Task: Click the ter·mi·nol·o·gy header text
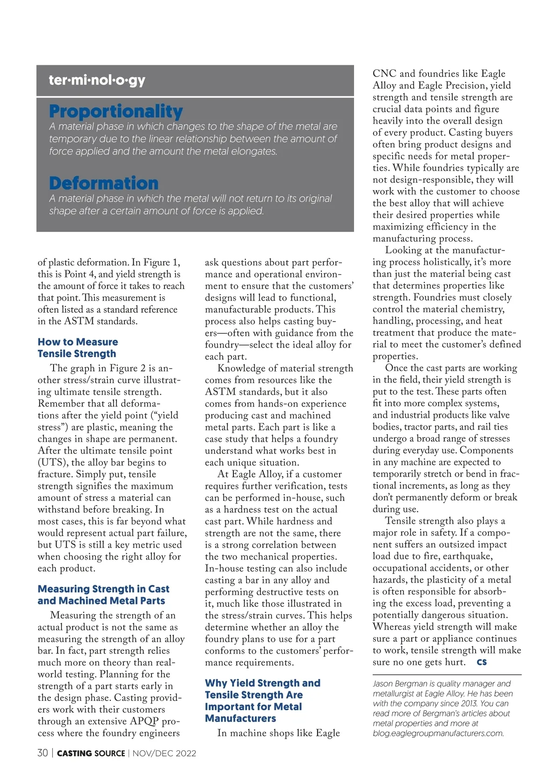pos(97,80)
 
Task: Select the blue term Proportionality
pos(116,111)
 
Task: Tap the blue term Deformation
pos(103,183)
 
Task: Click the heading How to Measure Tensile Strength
pos(77,348)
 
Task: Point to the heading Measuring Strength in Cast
pos(103,589)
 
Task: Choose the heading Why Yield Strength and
pos(262,683)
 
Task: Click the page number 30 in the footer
pos(42,753)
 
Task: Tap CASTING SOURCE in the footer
pos(91,754)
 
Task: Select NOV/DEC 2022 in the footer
pos(164,754)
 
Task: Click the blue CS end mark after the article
pos(482,662)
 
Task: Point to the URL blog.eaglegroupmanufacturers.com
pos(438,734)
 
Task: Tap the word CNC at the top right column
pos(384,74)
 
